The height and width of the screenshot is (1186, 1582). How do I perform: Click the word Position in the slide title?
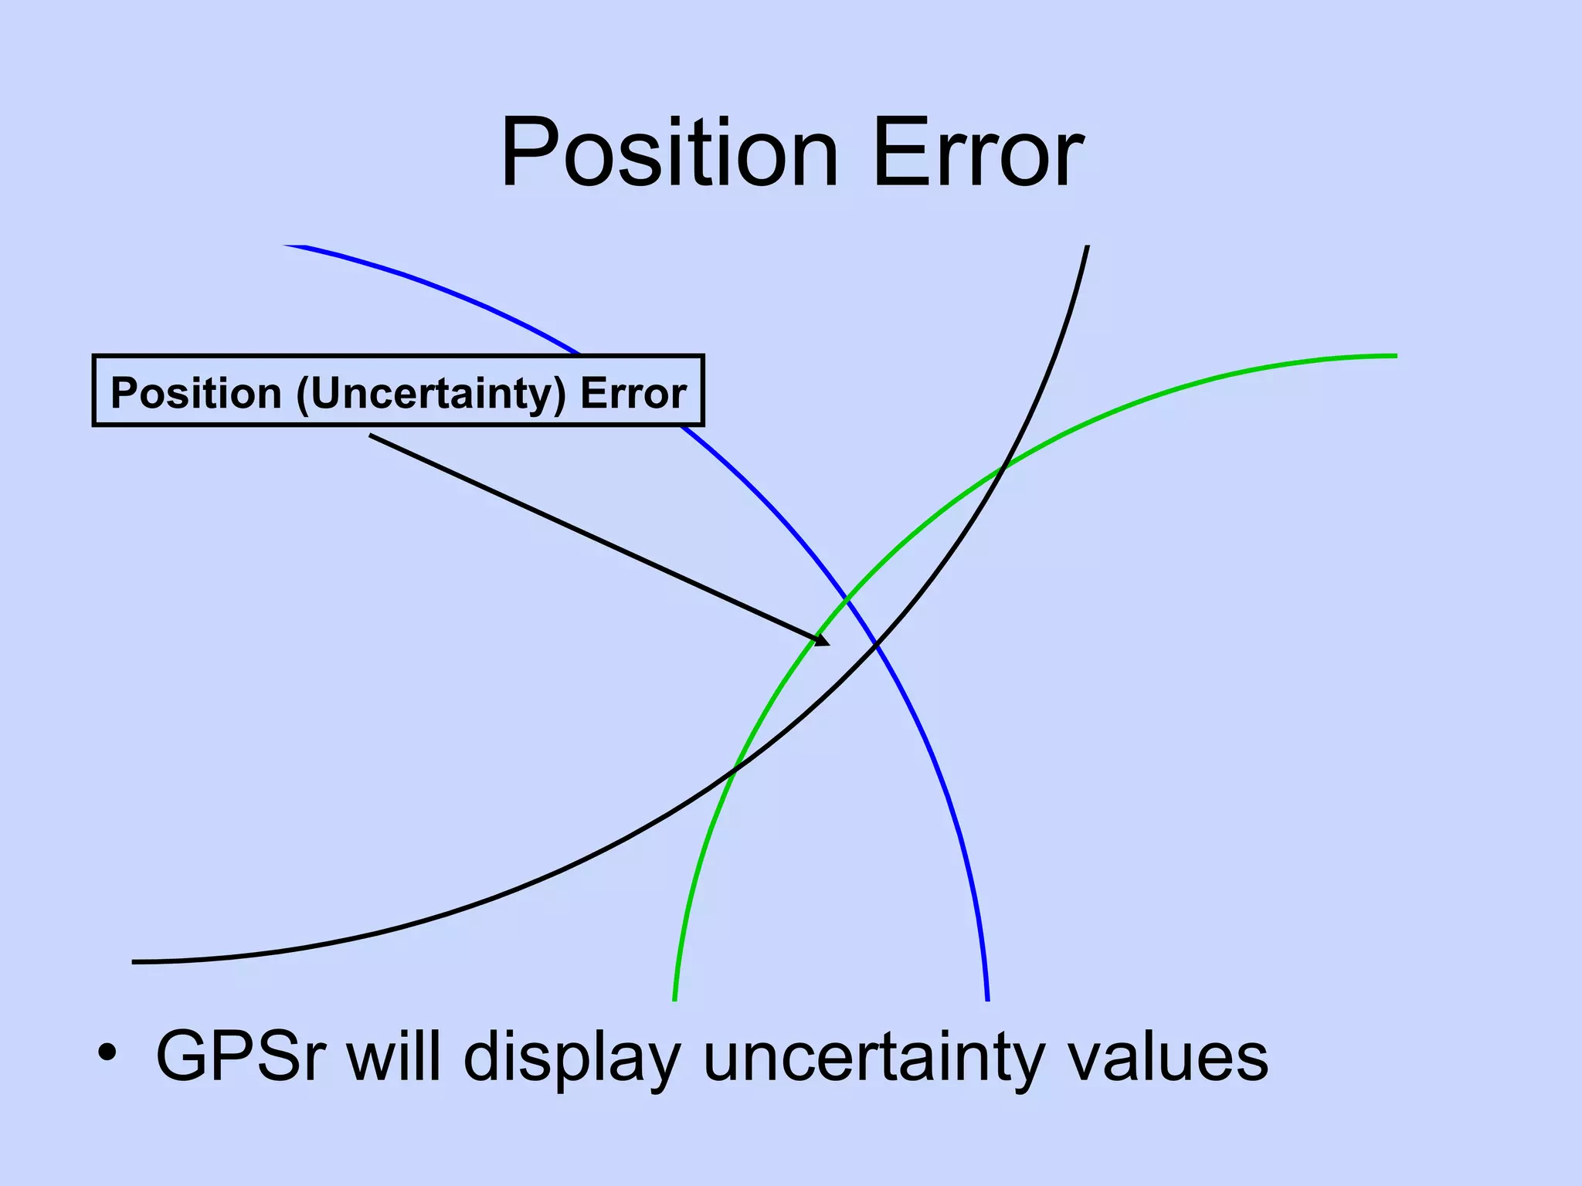point(669,152)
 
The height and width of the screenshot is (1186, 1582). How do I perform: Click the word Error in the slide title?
point(978,152)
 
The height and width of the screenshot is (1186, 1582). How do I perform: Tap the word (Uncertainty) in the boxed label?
point(432,393)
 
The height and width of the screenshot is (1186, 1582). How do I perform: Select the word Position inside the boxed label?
point(195,393)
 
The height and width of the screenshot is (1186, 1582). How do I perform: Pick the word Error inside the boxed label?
point(633,393)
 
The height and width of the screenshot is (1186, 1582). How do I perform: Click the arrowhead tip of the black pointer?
point(829,645)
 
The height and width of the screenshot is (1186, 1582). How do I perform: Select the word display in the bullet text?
point(572,1058)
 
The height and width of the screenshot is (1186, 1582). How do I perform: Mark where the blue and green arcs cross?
point(847,599)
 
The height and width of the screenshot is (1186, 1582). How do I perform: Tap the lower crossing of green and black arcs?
point(733,768)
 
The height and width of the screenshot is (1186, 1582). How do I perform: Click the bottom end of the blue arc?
point(987,999)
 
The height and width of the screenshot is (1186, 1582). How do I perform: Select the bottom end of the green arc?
point(675,999)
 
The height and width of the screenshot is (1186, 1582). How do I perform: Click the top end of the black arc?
point(1088,247)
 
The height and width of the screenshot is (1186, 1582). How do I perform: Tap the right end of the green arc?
point(1395,356)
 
